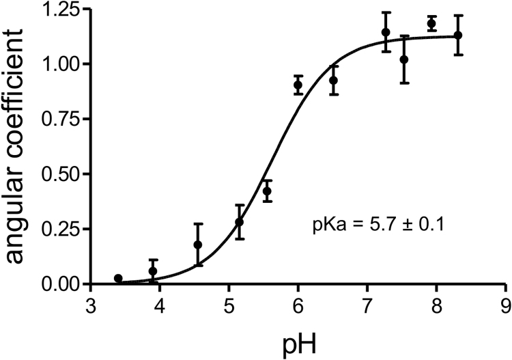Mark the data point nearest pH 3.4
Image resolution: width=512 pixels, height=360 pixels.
(118, 279)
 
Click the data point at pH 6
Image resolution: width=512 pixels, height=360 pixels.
(298, 85)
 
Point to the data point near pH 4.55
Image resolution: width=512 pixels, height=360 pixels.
(198, 245)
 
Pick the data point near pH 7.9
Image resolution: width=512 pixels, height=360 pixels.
(431, 23)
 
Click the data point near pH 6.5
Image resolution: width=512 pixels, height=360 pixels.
(334, 80)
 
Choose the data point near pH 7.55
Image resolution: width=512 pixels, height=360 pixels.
(404, 59)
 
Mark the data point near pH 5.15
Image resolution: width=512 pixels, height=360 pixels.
(239, 222)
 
